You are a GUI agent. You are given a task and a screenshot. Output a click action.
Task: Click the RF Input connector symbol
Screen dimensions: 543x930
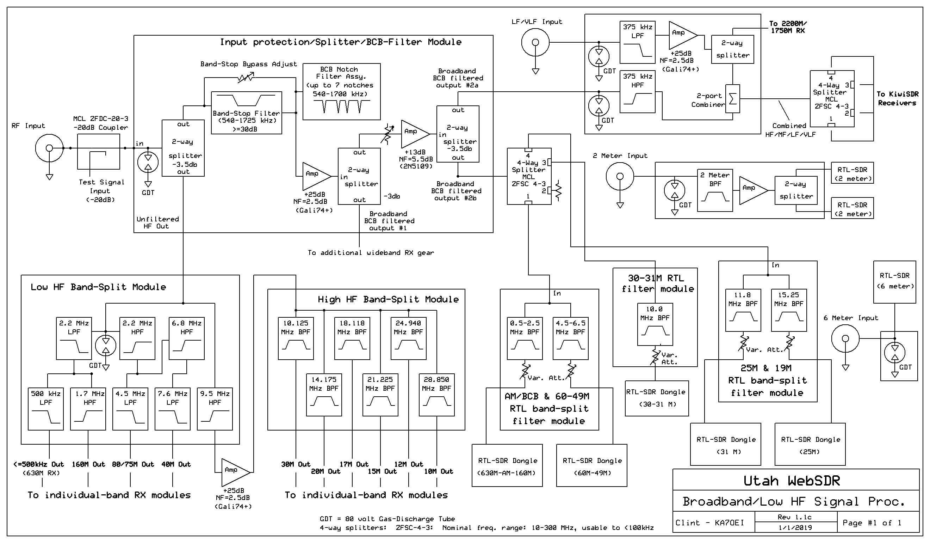pyautogui.click(x=49, y=148)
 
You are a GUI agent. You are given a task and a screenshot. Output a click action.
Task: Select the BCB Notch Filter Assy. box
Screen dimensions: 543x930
pyautogui.click(x=341, y=92)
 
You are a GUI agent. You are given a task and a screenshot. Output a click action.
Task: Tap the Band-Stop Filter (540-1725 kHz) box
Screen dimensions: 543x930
pyautogui.click(x=246, y=113)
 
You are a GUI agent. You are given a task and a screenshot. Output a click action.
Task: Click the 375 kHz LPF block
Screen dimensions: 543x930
pyautogui.click(x=637, y=42)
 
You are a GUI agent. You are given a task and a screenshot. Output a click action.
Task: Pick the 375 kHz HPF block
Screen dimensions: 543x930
pyautogui.click(x=637, y=92)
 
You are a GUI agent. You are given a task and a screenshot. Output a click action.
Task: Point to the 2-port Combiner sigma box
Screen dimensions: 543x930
pyautogui.click(x=733, y=99)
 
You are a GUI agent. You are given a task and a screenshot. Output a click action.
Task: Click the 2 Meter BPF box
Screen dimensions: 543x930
pyautogui.click(x=715, y=190)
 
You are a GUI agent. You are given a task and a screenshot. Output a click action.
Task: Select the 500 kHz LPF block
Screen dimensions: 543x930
pyautogui.click(x=46, y=409)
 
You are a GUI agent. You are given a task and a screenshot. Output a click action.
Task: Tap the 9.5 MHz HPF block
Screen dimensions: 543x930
pyautogui.click(x=215, y=409)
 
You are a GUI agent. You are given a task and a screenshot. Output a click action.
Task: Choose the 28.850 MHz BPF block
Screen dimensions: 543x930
pyautogui.click(x=436, y=395)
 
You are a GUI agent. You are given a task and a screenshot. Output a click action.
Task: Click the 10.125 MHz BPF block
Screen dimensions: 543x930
pyautogui.click(x=296, y=338)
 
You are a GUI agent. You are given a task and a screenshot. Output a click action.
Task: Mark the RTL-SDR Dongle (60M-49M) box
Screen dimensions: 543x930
pyautogui.click(x=591, y=465)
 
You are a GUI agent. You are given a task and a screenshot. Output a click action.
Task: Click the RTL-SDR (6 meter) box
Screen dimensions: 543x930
pyautogui.click(x=894, y=282)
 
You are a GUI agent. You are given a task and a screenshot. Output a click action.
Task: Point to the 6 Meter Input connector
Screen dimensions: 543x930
pyautogui.click(x=845, y=338)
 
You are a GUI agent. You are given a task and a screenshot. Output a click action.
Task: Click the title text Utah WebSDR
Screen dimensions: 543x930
pyautogui.click(x=792, y=481)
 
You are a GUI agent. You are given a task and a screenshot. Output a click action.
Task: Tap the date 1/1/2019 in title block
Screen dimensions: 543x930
pyautogui.click(x=795, y=527)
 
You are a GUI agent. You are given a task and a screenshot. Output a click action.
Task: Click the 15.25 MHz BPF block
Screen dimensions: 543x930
pyautogui.click(x=789, y=310)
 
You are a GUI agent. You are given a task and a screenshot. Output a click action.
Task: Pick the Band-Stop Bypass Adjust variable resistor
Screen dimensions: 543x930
pyautogui.click(x=246, y=78)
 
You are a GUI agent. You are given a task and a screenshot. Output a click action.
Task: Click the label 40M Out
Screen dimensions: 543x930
pyautogui.click(x=176, y=464)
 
